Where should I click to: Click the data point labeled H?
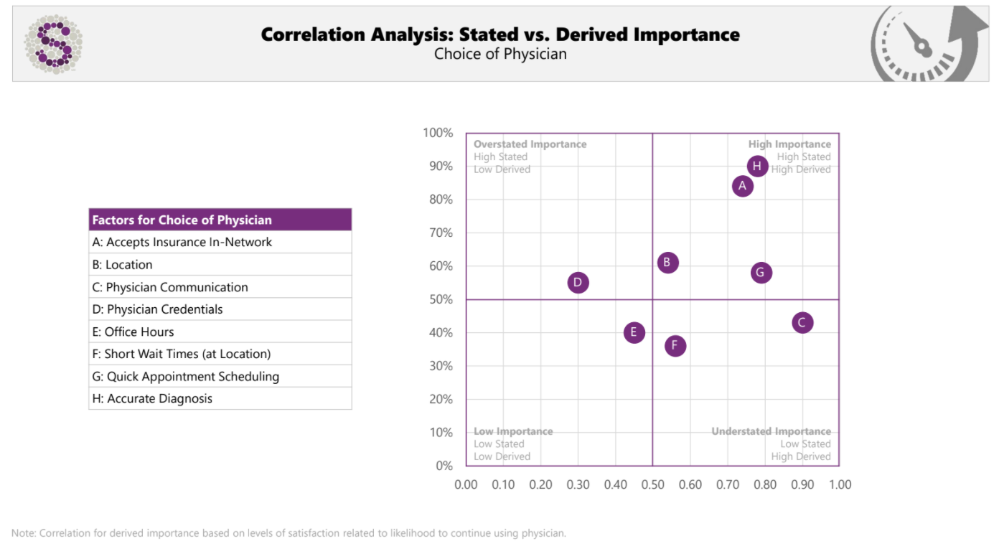(x=757, y=167)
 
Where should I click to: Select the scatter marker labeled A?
(x=743, y=186)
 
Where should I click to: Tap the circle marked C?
(x=802, y=323)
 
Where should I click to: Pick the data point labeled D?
(x=578, y=283)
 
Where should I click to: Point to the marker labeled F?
(x=675, y=346)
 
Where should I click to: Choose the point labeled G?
(x=761, y=273)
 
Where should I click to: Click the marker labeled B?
(x=667, y=263)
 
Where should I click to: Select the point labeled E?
(x=634, y=332)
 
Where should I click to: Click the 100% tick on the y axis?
(x=438, y=133)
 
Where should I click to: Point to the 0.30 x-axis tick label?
(x=578, y=485)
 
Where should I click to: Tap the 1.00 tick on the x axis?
(x=839, y=485)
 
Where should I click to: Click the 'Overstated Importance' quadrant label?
(x=530, y=144)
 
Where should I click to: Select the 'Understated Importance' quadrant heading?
(x=771, y=431)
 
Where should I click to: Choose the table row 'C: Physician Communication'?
(x=220, y=287)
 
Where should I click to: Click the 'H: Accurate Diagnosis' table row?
(x=220, y=398)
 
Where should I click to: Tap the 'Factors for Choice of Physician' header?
(x=220, y=220)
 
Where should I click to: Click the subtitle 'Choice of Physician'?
(x=500, y=55)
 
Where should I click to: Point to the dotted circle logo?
(x=53, y=44)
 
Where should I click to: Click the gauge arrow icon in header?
(x=927, y=44)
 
